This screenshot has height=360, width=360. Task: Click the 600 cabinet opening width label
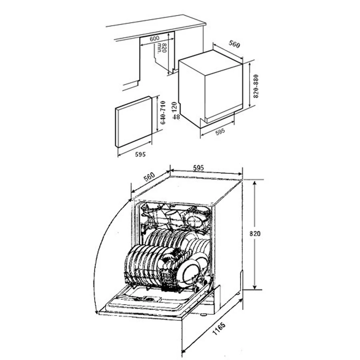[154, 38]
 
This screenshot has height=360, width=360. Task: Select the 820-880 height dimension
[256, 86]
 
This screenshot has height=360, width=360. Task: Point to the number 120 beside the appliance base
[174, 107]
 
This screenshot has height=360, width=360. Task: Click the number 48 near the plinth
[176, 117]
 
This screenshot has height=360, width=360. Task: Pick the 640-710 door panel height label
[163, 112]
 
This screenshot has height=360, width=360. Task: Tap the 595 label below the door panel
[140, 154]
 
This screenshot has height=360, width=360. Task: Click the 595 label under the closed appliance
[220, 132]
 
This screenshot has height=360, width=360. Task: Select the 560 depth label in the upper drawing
[234, 44]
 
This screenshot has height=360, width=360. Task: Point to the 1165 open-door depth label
[219, 328]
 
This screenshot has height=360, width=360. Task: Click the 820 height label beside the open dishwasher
[255, 234]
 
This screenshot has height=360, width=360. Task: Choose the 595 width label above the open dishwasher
[198, 168]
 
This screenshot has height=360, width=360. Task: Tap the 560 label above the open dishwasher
[149, 177]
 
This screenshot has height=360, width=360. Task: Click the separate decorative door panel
[133, 122]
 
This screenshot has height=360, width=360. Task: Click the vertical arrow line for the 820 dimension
[254, 235]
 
